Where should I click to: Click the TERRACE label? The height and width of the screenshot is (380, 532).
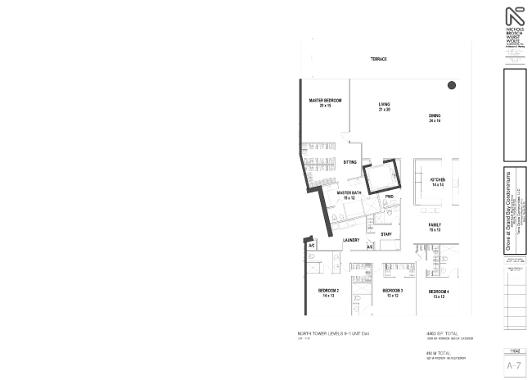pos(378,59)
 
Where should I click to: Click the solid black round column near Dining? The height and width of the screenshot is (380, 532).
pos(451,86)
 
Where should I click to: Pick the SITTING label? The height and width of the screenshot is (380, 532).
pos(350,162)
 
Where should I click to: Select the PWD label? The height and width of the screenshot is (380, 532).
pos(390,197)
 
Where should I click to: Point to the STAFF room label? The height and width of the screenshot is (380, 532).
pos(386,234)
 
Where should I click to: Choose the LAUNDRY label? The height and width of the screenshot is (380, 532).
pos(351,240)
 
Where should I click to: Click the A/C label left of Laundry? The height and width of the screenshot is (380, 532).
pos(312,246)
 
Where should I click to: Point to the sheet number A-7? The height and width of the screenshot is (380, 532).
pos(514,364)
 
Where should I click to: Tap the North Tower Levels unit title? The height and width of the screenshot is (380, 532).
pos(334,335)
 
